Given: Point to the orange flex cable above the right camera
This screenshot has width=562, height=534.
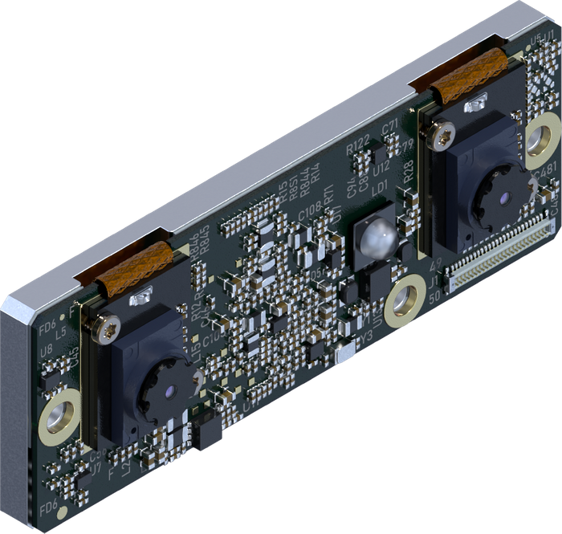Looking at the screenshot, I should tap(469, 75).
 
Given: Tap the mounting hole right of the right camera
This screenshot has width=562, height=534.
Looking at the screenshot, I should tap(542, 139).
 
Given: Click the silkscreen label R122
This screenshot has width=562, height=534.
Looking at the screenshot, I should tap(358, 147).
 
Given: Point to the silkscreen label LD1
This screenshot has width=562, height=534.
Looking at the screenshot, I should tap(378, 186).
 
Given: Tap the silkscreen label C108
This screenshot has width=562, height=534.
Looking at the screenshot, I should tap(309, 215).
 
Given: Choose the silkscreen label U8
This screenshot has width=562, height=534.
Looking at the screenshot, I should tap(47, 349).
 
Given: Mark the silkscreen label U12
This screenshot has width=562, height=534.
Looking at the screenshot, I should tap(381, 166).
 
